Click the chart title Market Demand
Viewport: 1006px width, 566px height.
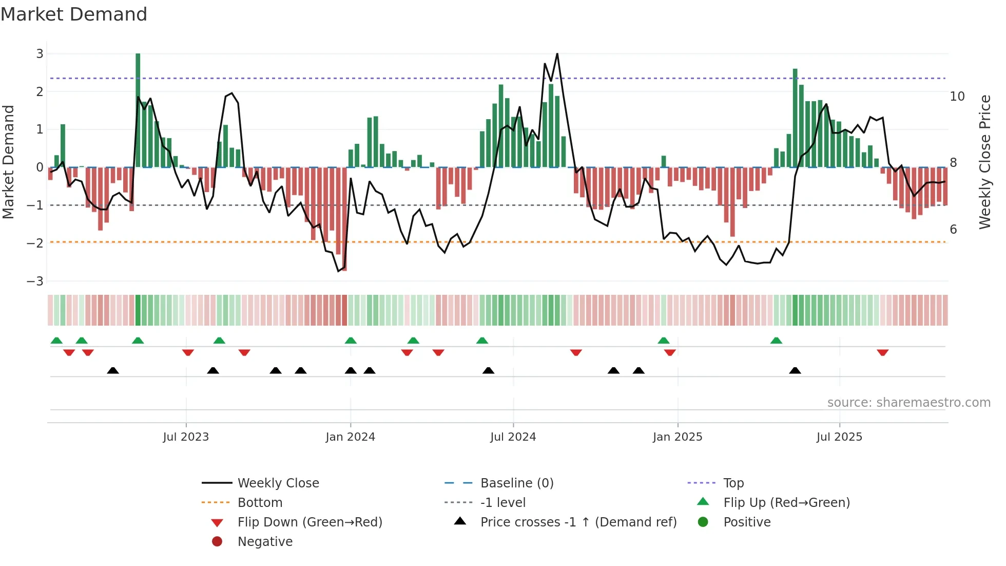(74, 14)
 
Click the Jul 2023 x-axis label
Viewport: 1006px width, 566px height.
(186, 437)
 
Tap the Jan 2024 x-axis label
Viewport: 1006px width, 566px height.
(350, 437)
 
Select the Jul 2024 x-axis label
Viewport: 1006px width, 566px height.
(513, 437)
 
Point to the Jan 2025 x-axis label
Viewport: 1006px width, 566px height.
(678, 437)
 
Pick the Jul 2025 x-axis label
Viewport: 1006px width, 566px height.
(839, 437)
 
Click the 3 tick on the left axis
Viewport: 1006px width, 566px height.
(40, 54)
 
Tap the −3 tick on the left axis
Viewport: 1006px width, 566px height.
(35, 281)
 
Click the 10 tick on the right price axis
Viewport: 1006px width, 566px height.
(957, 97)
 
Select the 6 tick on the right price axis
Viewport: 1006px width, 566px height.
(953, 230)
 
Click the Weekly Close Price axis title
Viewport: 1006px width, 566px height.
(984, 162)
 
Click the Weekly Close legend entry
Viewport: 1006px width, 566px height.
(278, 483)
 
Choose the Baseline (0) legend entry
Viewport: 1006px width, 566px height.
(516, 483)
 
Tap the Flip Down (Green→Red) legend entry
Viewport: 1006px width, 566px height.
(309, 522)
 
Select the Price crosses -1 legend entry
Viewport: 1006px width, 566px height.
(578, 522)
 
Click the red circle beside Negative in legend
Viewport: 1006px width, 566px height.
(217, 542)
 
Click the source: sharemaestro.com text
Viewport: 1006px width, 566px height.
(908, 403)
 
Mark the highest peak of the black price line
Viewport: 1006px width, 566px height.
(557, 54)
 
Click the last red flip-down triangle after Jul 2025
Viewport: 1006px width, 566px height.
(882, 353)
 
